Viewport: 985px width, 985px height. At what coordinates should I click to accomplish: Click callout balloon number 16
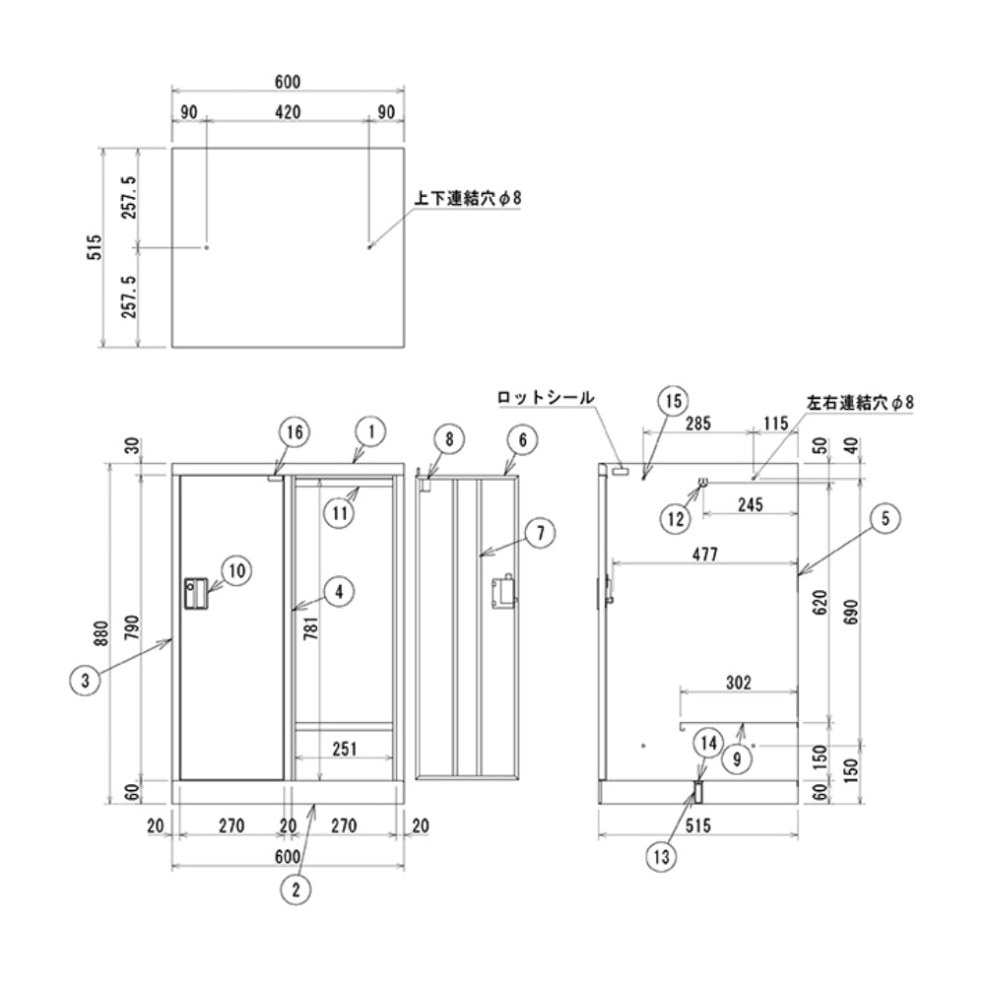[294, 431]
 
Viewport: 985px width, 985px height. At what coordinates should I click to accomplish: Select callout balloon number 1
[370, 431]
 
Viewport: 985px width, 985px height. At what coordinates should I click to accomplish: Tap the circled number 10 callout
[237, 568]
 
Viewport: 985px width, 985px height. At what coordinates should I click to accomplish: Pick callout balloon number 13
[663, 857]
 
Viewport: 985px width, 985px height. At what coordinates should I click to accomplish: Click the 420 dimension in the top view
[287, 112]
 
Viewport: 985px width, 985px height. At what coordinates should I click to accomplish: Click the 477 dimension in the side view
[704, 555]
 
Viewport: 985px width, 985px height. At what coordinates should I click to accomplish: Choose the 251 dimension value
[345, 749]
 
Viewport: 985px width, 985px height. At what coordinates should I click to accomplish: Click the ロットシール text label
[546, 398]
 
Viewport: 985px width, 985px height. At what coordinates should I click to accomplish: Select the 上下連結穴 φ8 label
[467, 198]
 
